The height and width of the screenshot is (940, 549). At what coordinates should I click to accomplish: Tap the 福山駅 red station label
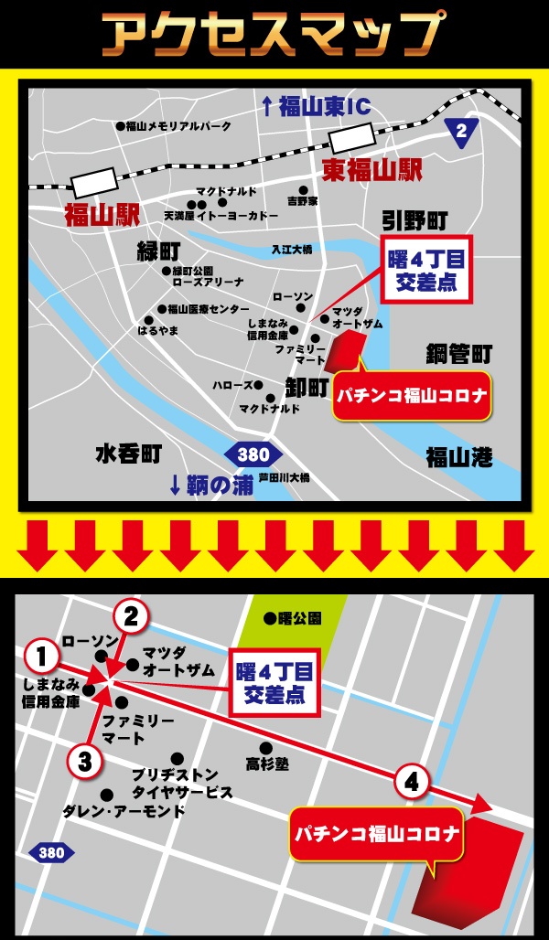point(101,215)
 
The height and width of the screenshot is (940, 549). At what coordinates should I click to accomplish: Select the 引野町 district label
point(414,219)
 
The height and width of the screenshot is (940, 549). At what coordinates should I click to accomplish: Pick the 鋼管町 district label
point(459,354)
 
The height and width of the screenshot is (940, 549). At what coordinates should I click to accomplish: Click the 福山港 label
point(459,456)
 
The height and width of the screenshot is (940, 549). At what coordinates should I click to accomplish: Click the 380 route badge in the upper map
point(253,454)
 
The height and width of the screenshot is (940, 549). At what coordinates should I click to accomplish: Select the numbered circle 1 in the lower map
point(40,655)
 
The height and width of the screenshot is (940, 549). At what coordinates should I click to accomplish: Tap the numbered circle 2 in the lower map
point(131,616)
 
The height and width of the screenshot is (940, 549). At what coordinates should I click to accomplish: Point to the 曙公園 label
point(296,619)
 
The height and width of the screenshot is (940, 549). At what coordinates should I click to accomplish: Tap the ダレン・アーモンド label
point(123,811)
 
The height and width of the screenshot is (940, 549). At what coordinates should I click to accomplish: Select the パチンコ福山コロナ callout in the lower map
point(375,833)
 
